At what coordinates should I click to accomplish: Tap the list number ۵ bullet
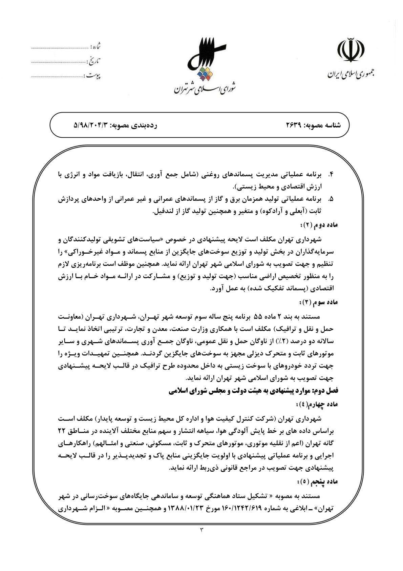click(x=331, y=199)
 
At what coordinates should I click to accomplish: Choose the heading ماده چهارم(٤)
click(x=317, y=404)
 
